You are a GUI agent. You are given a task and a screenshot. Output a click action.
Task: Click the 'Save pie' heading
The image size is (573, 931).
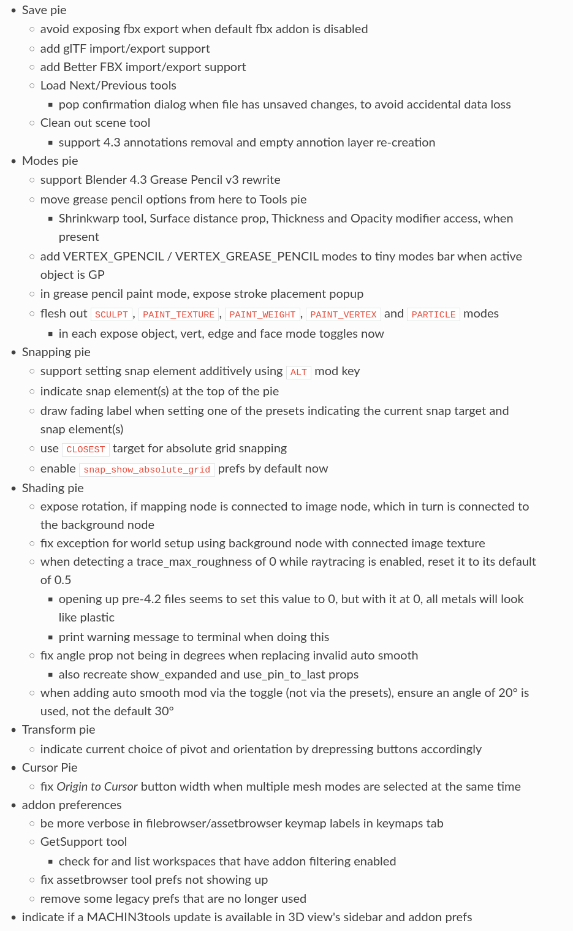pos(44,10)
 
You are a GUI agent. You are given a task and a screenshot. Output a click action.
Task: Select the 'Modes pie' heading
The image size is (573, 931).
pos(50,161)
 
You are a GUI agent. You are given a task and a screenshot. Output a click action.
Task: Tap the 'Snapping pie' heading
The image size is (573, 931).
pos(56,352)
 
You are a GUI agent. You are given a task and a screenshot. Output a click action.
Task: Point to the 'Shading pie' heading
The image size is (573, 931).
pos(53,488)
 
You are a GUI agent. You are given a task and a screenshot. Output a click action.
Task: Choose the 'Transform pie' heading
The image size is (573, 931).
pos(58,730)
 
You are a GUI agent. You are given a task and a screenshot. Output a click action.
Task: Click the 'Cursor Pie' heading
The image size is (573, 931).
pos(50,768)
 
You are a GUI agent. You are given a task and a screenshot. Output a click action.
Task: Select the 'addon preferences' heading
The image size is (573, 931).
pos(72,805)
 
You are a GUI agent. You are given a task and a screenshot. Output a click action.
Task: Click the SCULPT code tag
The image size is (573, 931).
pos(112,314)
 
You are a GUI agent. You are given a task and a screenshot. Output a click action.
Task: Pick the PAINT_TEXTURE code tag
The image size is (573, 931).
pos(179,314)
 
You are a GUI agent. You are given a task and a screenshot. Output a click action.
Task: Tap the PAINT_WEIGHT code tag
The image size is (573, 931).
pos(262,314)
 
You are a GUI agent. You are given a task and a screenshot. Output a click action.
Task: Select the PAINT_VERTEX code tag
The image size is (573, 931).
pos(343,314)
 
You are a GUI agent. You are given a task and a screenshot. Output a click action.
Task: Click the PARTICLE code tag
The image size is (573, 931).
pos(433,314)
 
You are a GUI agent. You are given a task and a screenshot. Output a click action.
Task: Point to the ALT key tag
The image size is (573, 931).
pos(298,372)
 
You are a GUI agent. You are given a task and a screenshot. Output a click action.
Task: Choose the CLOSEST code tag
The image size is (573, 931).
pos(86,449)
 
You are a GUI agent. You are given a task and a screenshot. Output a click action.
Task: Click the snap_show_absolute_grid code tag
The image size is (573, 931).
pos(147,469)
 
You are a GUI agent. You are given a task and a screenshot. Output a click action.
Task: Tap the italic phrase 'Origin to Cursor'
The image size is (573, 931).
pos(97,787)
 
